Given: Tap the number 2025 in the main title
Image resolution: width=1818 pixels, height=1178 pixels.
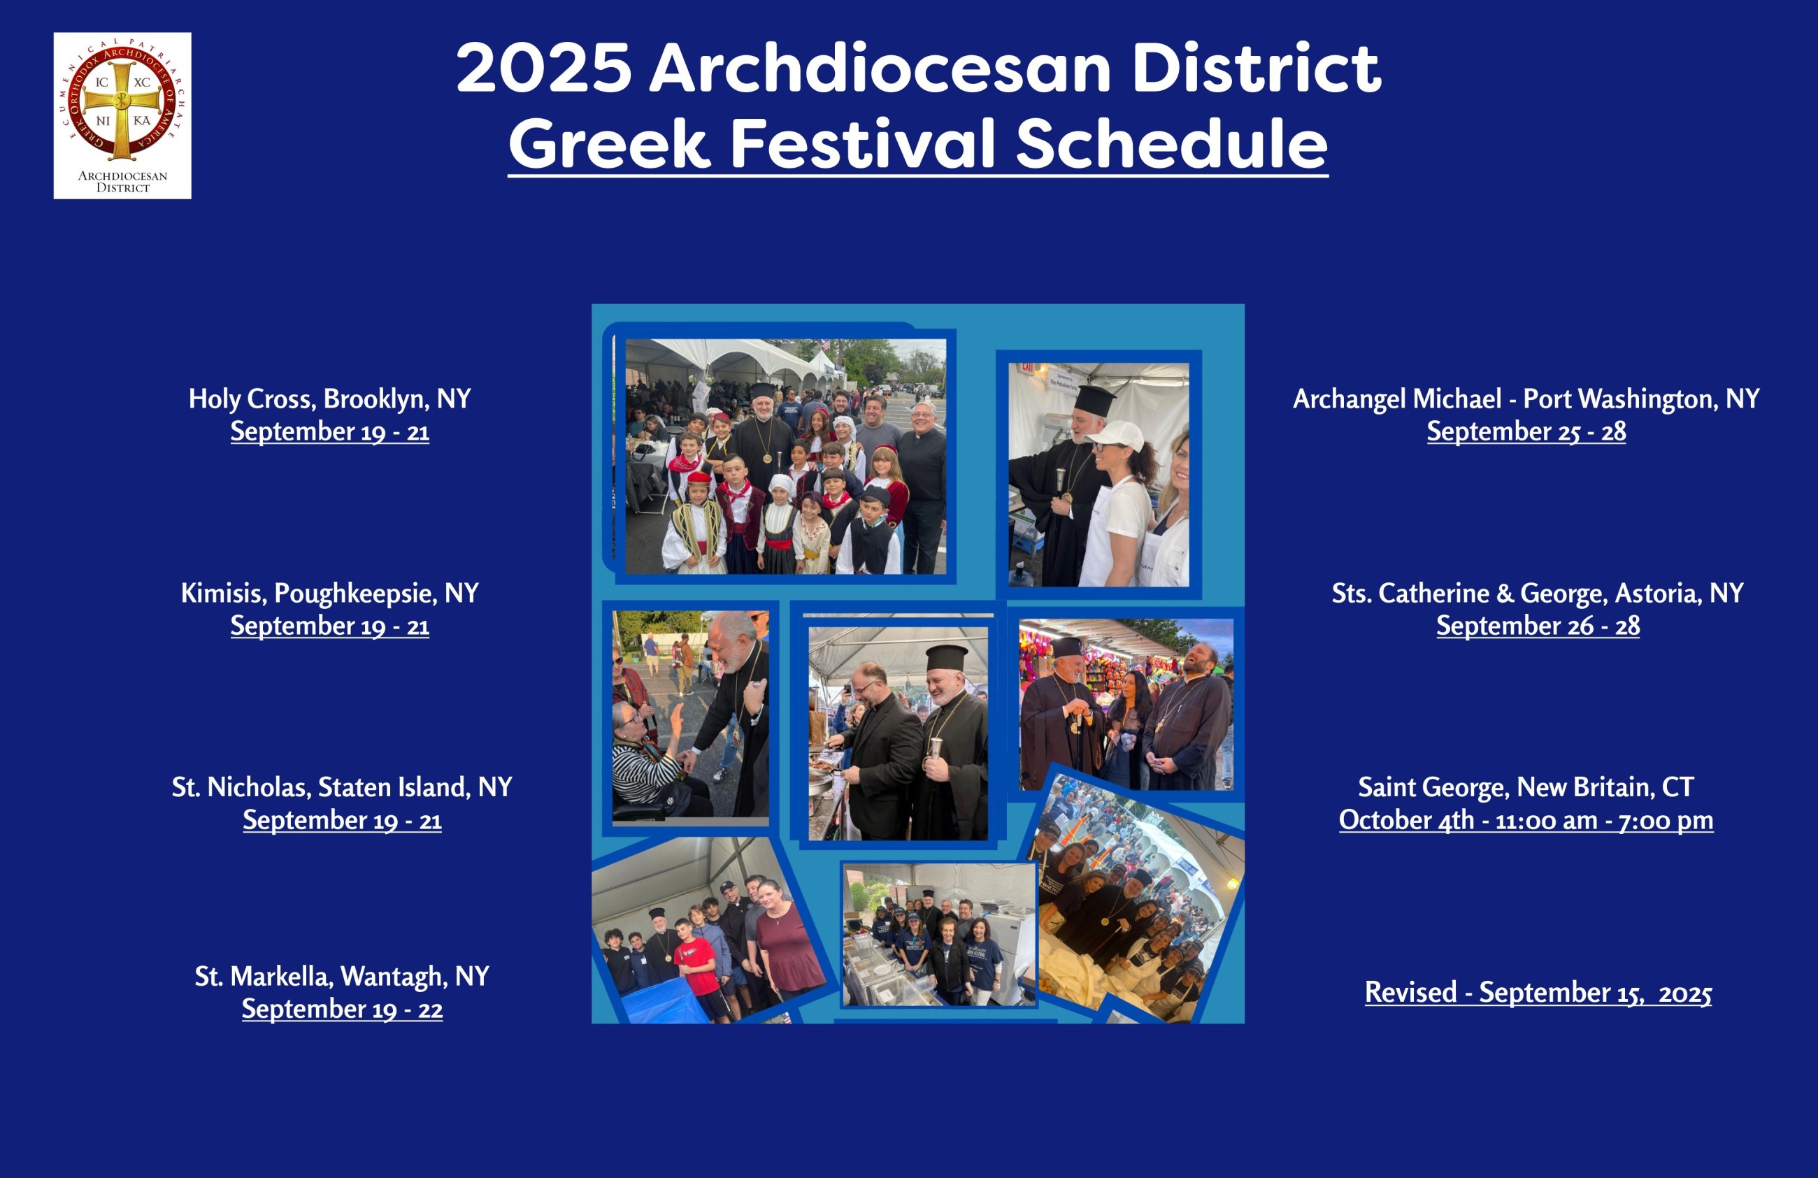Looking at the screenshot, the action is [x=544, y=68].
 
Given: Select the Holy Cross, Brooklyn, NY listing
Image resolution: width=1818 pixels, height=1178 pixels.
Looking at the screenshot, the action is [x=330, y=398].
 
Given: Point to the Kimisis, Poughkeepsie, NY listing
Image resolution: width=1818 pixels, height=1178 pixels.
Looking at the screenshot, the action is [x=330, y=593].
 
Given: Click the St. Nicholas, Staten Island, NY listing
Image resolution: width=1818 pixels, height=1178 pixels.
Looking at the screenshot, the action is [x=341, y=787].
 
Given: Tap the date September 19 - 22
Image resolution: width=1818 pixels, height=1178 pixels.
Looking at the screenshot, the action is [x=342, y=1010].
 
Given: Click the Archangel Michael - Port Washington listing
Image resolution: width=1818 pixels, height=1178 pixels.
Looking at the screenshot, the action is [x=1526, y=398].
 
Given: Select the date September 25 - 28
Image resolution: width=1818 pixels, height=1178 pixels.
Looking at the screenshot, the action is [x=1526, y=431].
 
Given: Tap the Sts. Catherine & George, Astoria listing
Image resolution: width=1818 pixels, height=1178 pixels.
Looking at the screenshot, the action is [x=1538, y=593].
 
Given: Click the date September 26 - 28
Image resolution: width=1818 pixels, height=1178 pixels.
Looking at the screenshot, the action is [x=1538, y=626].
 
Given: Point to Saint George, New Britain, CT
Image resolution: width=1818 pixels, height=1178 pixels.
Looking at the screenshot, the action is [x=1526, y=787].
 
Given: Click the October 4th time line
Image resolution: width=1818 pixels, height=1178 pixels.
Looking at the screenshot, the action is [x=1526, y=820].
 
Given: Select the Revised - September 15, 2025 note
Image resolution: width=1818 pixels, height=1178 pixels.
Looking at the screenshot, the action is [x=1538, y=992].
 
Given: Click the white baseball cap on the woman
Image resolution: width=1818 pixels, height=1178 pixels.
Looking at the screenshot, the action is [x=1116, y=436].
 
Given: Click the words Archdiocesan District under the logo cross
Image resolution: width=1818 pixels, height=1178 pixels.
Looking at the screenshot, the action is [x=122, y=181].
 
